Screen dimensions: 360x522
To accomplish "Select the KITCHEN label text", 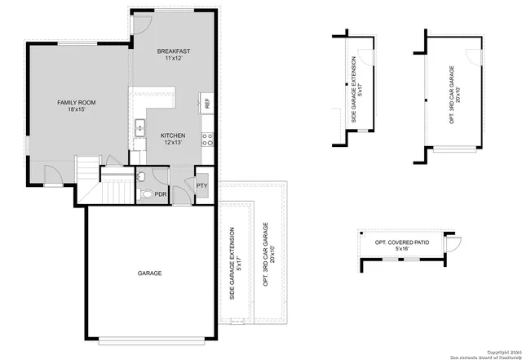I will [x=172, y=135].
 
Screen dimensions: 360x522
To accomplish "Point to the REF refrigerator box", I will [x=207, y=104].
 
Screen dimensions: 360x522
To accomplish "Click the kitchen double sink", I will [x=139, y=127].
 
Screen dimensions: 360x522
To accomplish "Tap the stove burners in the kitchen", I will [x=208, y=139].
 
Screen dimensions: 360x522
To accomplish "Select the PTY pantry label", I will [x=201, y=186].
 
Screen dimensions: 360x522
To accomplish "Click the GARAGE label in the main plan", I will [x=149, y=273].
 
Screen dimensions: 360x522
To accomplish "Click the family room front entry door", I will [x=51, y=172].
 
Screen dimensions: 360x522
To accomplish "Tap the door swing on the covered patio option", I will [x=454, y=242].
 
